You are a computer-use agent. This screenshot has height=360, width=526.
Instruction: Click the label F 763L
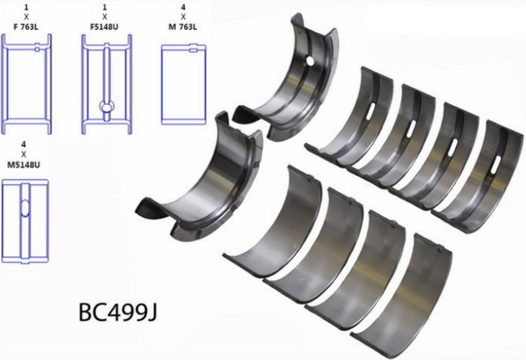26,26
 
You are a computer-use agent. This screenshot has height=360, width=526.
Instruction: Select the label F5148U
104,26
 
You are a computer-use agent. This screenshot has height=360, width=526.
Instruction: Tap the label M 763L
183,26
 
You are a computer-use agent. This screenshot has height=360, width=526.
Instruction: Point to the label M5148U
24,165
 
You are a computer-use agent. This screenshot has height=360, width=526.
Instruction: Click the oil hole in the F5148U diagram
107,106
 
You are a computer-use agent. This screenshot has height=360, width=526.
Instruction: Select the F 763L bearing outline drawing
27,84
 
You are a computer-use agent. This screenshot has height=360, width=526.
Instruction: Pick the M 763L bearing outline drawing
184,85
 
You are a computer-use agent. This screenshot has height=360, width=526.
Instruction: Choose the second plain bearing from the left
317,245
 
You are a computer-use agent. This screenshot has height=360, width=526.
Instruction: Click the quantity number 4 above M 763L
183,6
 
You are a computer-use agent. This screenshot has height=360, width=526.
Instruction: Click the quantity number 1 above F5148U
104,6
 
